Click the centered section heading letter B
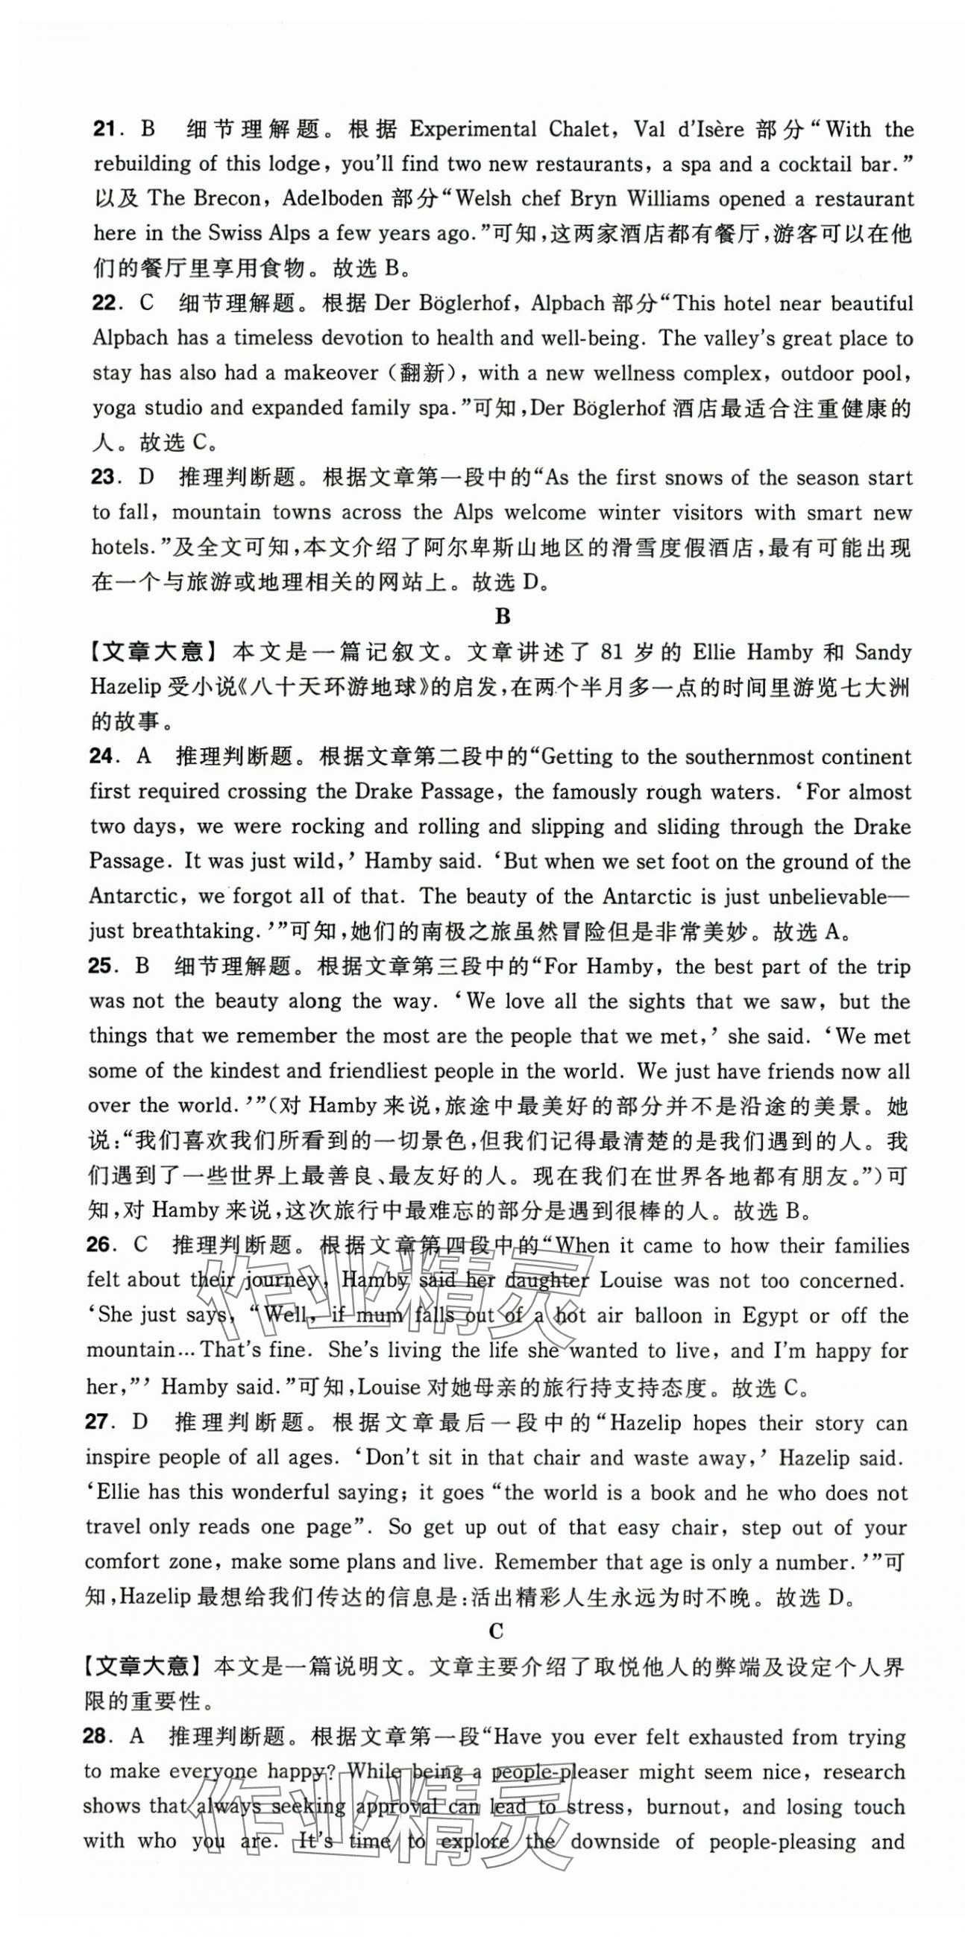tap(503, 617)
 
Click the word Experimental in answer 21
tap(472, 130)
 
